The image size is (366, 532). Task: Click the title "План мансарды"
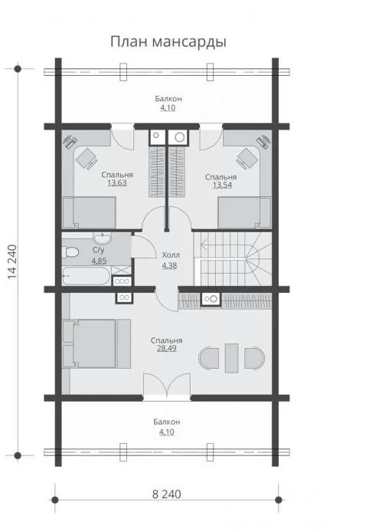tap(168, 41)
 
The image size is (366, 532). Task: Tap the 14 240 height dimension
tap(12, 262)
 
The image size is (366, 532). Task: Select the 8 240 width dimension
tap(166, 494)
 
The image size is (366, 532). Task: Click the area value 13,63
tap(117, 183)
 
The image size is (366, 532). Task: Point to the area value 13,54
tap(222, 186)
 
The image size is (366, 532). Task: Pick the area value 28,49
tap(166, 349)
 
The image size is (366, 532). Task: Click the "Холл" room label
tap(171, 255)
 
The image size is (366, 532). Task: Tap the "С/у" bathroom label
tap(98, 251)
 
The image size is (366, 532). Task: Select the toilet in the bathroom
tap(70, 252)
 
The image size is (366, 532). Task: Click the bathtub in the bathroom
tap(87, 276)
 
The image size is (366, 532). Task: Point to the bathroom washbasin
tap(102, 238)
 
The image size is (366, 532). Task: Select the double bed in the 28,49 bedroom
tap(97, 343)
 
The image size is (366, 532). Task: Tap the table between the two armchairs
tap(232, 358)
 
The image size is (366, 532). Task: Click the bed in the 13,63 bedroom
tap(89, 213)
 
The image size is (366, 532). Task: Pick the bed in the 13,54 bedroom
tap(244, 213)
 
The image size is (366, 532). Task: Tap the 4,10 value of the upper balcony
tap(168, 108)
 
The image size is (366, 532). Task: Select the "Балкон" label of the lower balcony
tap(166, 422)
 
